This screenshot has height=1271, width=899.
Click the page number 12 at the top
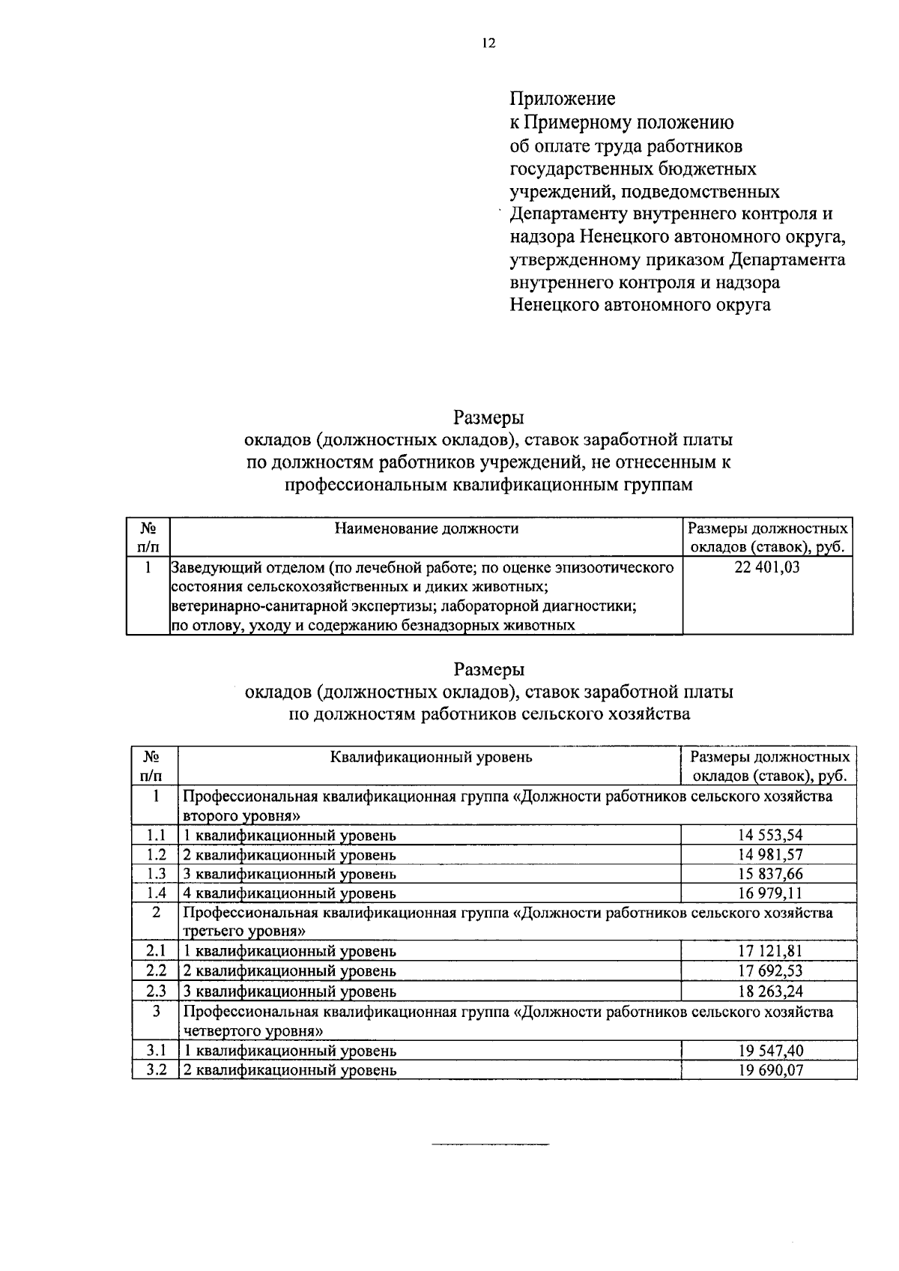[488, 43]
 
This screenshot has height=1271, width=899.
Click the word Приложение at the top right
[563, 99]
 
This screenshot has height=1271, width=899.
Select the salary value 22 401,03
[767, 567]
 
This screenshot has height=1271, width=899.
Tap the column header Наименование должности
[426, 528]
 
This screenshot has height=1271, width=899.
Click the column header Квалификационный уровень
[432, 756]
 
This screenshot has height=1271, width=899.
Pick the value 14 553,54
[770, 835]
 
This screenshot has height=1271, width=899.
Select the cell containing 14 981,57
[770, 854]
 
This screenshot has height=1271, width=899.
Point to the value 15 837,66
[770, 874]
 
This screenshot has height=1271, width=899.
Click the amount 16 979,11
[770, 893]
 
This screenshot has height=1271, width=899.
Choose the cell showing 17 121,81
[770, 952]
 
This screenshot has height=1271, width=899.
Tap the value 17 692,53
[770, 971]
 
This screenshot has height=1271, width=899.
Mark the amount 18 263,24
[770, 991]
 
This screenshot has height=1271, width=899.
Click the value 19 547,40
[770, 1051]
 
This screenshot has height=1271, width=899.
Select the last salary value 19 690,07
[770, 1070]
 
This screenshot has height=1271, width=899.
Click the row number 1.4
[156, 893]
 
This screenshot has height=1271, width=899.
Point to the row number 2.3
[156, 991]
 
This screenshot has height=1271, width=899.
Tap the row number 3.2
[156, 1070]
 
